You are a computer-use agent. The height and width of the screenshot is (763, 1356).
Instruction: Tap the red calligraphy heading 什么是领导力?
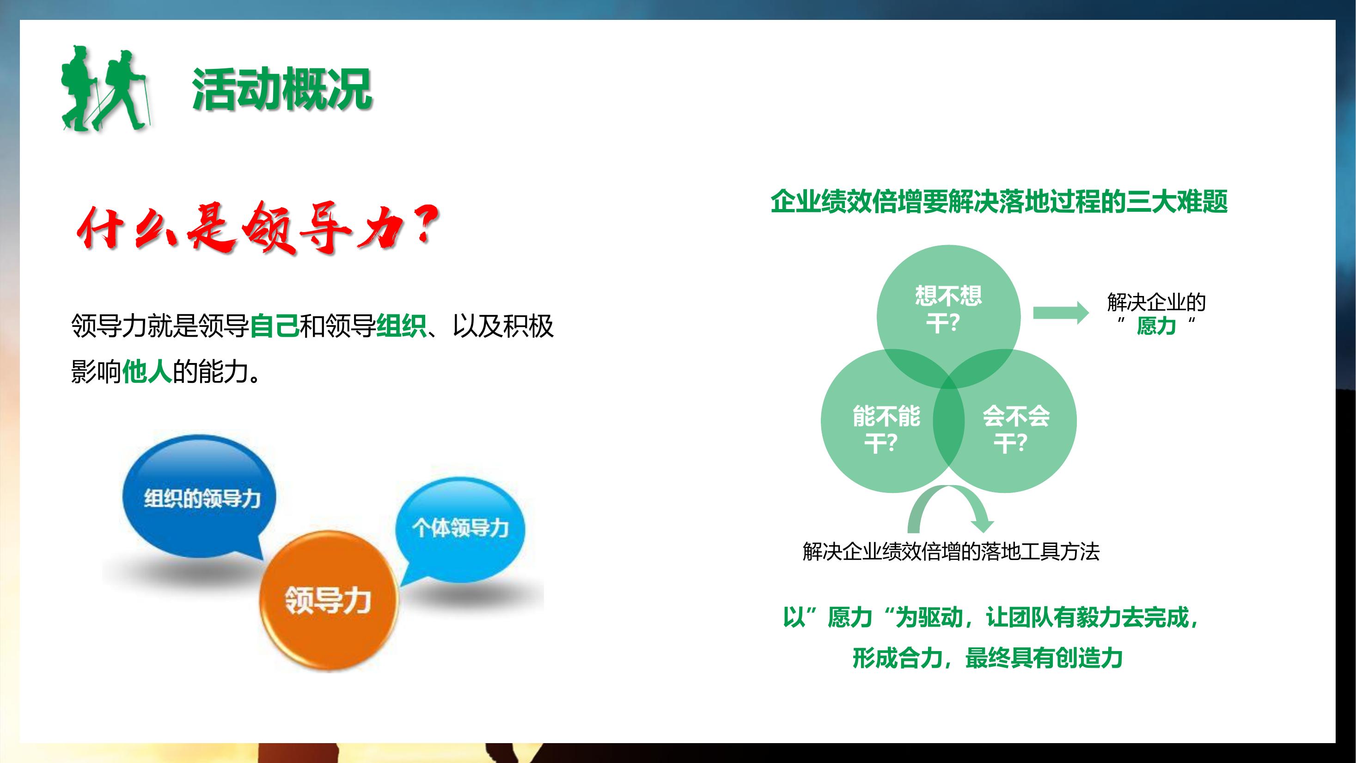258,229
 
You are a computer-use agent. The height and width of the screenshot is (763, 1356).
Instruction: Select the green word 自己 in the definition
274,326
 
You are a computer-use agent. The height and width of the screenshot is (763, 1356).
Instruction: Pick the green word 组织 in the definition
401,326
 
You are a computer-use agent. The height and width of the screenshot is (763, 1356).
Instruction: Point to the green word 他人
147,372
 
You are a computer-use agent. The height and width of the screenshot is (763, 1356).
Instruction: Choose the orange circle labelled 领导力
329,600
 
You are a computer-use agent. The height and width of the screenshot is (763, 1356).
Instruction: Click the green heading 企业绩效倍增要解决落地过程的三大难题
999,202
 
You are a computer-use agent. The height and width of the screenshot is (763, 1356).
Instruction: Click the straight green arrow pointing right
1061,313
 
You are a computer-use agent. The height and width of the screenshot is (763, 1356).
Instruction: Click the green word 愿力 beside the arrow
1156,326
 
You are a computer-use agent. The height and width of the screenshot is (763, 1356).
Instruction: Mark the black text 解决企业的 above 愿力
1156,302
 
